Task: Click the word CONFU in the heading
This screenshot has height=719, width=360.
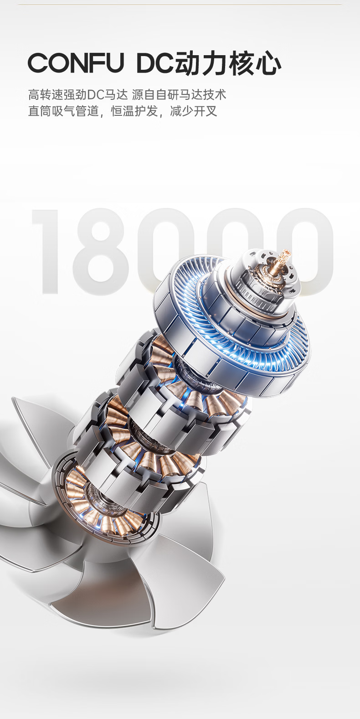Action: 76,63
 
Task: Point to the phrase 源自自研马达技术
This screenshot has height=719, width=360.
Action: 179,95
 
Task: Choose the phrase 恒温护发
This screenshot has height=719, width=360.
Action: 134,111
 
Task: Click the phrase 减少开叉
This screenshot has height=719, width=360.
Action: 194,111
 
